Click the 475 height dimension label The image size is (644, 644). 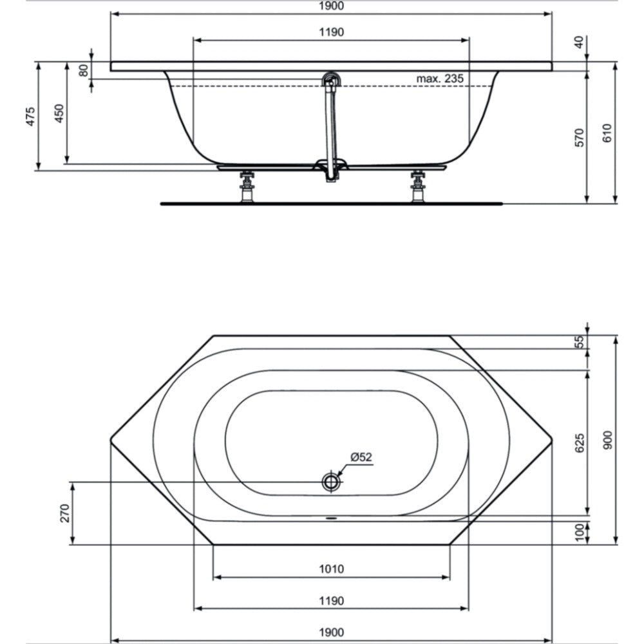pyautogui.click(x=30, y=116)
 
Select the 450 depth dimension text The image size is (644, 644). pyautogui.click(x=59, y=113)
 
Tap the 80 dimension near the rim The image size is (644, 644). pyautogui.click(x=83, y=70)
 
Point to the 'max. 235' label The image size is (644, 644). pyautogui.click(x=440, y=78)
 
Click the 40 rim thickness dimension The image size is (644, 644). pyautogui.click(x=578, y=43)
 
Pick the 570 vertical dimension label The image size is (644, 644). pyautogui.click(x=578, y=138)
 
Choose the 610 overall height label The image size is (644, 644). pyautogui.click(x=607, y=133)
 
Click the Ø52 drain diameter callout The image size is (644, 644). pyautogui.click(x=361, y=457)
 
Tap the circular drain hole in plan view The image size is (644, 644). pyautogui.click(x=331, y=481)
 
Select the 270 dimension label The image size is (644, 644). pyautogui.click(x=65, y=513)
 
